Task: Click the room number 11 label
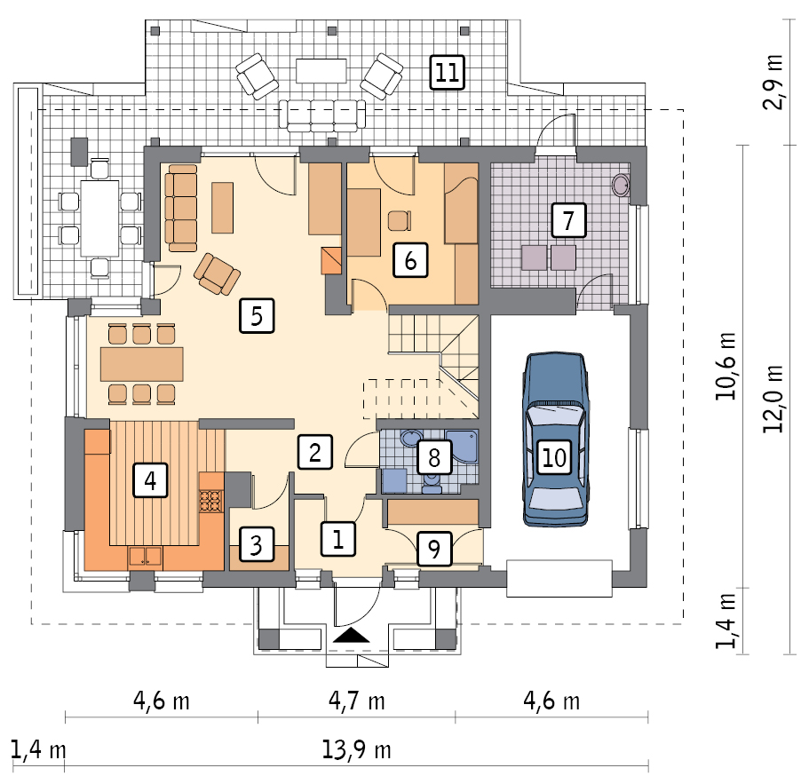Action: coord(447,73)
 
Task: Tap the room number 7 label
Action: coord(568,220)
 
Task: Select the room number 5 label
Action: coord(257,316)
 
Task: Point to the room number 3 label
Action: coord(256,544)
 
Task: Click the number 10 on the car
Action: coord(554,457)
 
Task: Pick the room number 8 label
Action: coord(434,457)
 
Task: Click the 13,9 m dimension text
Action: coord(357,750)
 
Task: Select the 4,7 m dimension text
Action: coord(357,701)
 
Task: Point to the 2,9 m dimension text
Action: coord(773,82)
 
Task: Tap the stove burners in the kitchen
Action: coord(210,501)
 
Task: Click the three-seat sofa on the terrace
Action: coord(322,115)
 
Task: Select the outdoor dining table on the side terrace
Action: coord(99,218)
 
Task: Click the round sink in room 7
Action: coord(622,186)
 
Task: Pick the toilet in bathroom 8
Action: coord(432,483)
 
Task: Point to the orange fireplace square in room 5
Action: coord(331,261)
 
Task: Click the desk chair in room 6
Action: coord(400,221)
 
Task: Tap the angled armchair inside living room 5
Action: coord(217,273)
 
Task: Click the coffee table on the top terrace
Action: coord(321,70)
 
